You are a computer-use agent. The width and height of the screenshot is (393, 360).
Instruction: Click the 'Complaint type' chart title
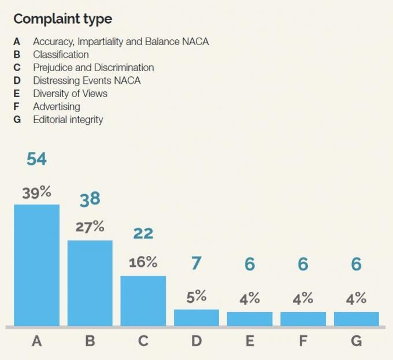62,19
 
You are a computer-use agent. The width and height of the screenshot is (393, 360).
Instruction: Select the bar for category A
36,265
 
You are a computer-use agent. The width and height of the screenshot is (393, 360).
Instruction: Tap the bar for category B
90,283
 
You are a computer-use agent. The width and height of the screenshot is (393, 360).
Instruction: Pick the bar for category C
143,301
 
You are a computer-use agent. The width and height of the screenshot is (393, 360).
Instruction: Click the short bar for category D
196,318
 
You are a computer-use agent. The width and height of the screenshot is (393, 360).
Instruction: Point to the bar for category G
357,319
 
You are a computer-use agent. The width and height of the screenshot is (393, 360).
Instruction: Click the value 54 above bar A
36,159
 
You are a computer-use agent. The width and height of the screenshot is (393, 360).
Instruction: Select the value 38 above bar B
90,199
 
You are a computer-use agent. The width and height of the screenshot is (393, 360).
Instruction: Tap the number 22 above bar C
143,233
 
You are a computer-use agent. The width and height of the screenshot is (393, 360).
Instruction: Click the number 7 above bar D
196,263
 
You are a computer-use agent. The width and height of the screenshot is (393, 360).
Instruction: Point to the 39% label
36,192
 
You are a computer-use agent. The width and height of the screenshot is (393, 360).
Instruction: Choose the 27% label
90,227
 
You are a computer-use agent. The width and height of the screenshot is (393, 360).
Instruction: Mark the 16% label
143,262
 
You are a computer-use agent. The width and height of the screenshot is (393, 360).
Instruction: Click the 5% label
196,296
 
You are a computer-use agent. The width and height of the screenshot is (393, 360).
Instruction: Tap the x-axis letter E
250,341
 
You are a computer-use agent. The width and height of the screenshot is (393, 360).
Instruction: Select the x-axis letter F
303,341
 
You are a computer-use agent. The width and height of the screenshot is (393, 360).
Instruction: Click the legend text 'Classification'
61,55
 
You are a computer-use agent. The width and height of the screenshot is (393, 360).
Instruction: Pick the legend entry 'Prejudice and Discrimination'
94,68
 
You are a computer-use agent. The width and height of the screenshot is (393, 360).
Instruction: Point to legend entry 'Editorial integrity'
68,120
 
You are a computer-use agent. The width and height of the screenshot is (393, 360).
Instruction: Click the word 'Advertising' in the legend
57,107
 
